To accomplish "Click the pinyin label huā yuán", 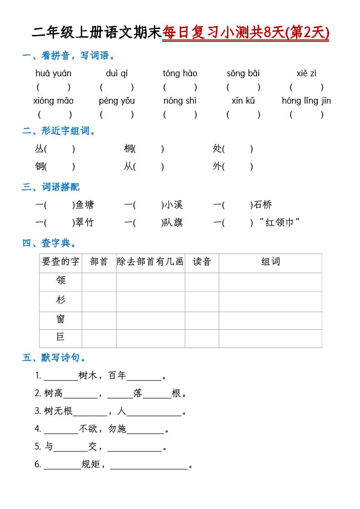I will [x=53, y=73].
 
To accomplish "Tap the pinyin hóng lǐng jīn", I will [x=306, y=101].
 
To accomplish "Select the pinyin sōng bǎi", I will [x=243, y=73].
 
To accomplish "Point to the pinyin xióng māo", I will [x=53, y=101].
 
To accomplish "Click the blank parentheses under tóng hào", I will [x=180, y=87].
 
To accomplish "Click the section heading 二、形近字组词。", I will [x=59, y=132].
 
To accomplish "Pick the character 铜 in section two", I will [x=40, y=166].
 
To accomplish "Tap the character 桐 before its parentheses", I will [x=129, y=149].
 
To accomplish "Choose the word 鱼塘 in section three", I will [x=84, y=205].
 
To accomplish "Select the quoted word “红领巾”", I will [x=280, y=223].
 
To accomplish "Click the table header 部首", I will [x=99, y=262].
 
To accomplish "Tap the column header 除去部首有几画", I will [x=150, y=262].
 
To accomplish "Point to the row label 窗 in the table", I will [x=60, y=319].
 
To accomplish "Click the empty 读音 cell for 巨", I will [x=202, y=338].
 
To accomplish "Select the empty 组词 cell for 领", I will [x=270, y=282].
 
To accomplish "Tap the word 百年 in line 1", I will [x=117, y=376].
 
